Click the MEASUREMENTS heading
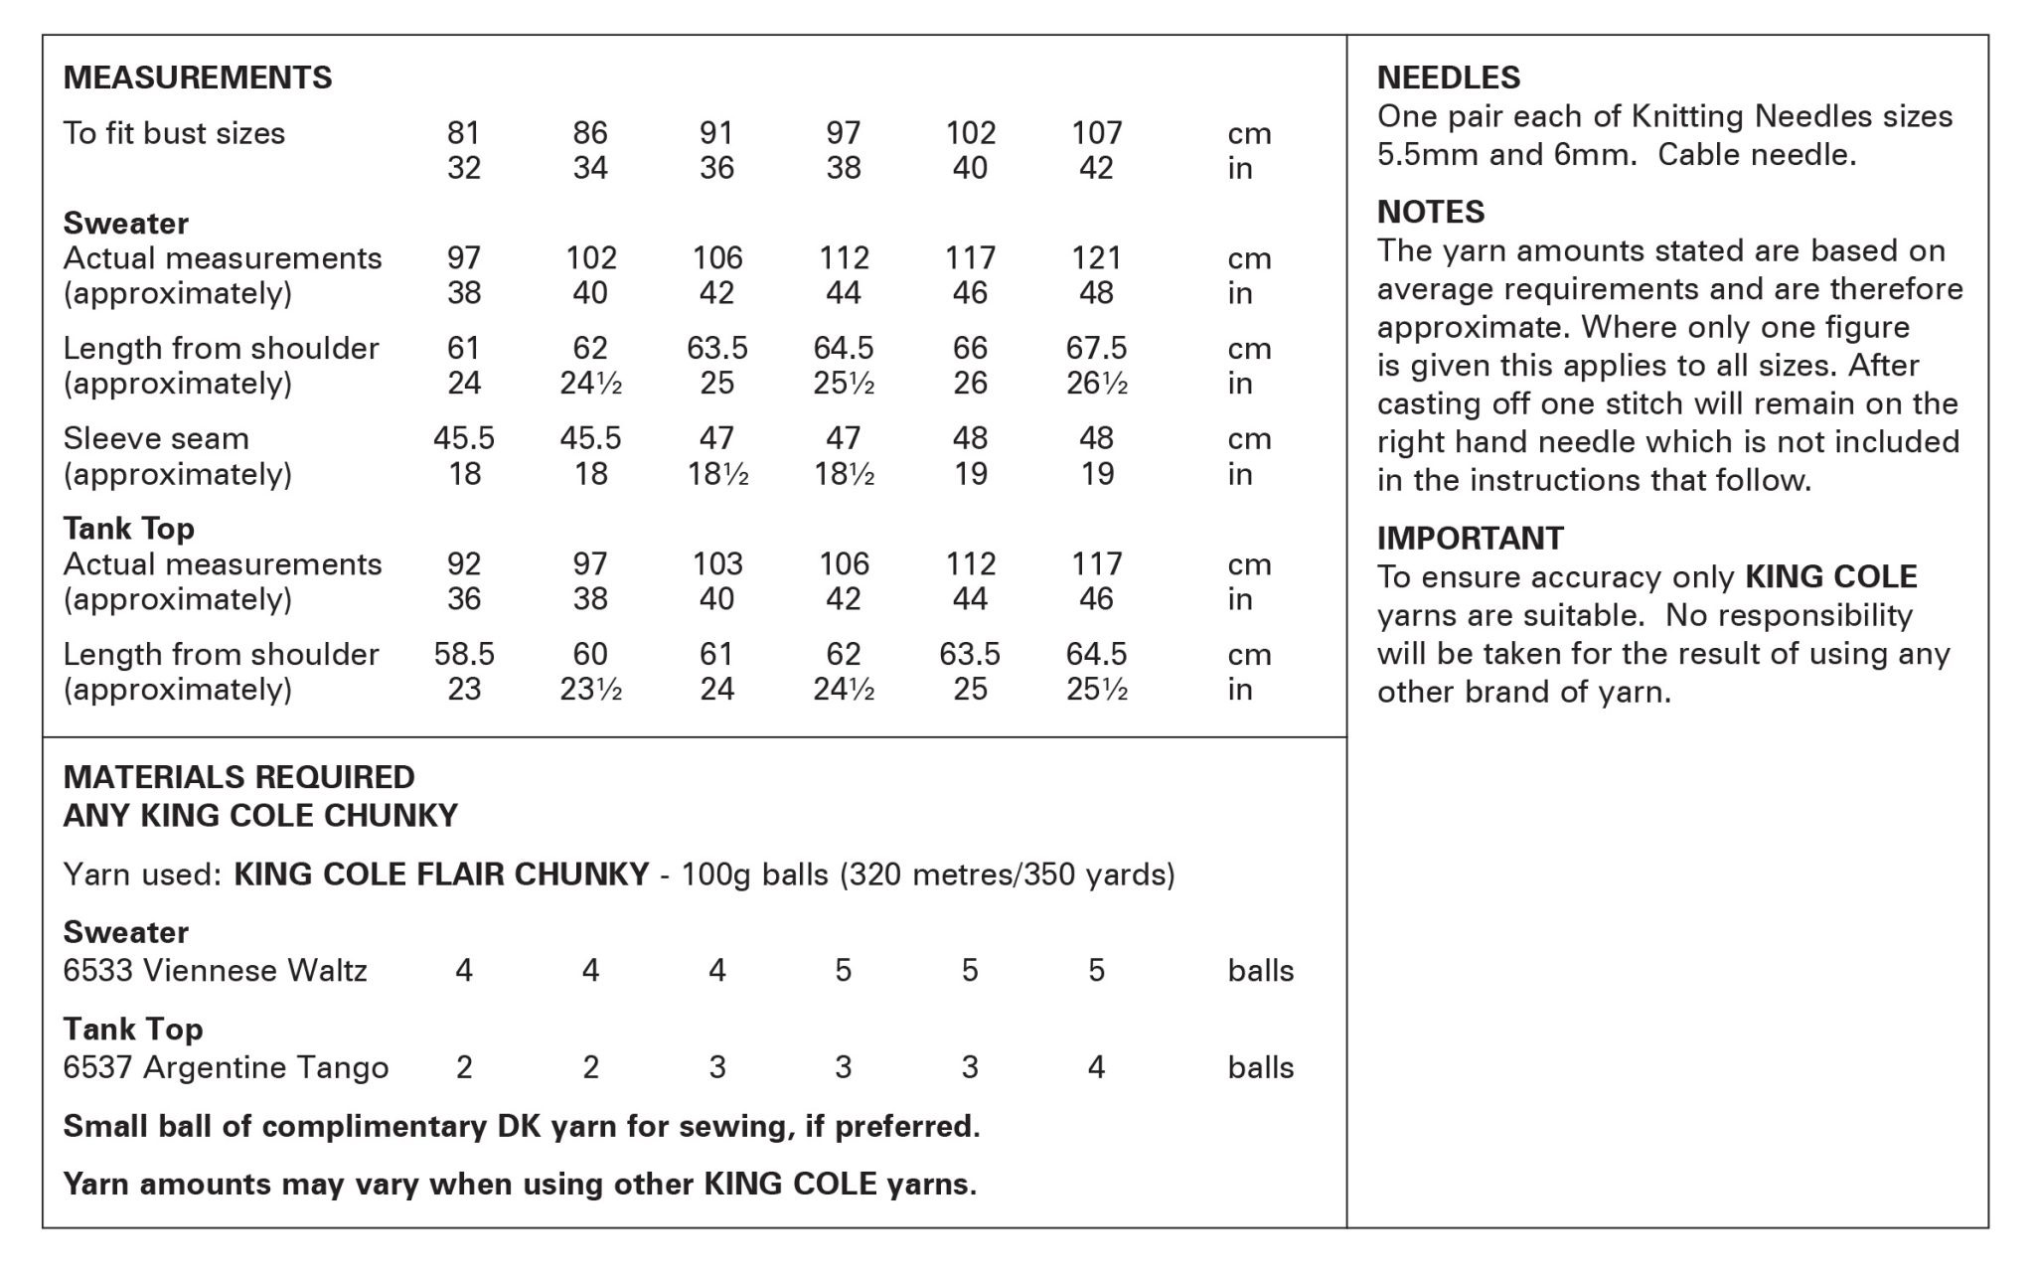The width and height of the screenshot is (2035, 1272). [x=197, y=78]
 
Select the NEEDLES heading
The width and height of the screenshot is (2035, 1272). [x=1448, y=78]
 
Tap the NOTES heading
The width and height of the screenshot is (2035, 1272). [x=1430, y=212]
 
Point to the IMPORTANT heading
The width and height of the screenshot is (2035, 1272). [x=1470, y=538]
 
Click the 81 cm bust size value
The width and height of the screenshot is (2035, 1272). [x=463, y=132]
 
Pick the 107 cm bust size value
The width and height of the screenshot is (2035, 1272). [x=1096, y=132]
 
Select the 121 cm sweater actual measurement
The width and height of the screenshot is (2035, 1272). [x=1096, y=258]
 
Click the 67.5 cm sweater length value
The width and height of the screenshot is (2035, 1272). [x=1096, y=348]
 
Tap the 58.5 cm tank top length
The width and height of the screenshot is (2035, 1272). [x=463, y=654]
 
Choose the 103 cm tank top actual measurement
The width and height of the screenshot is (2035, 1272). [x=716, y=564]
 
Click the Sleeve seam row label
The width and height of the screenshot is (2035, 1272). [x=156, y=438]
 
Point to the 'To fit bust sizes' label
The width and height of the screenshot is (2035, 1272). [x=174, y=133]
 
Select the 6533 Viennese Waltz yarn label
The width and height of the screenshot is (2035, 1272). [x=215, y=970]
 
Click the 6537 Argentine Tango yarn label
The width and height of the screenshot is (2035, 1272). [x=226, y=1067]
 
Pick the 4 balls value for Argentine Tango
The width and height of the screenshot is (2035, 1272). [x=1096, y=1067]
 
